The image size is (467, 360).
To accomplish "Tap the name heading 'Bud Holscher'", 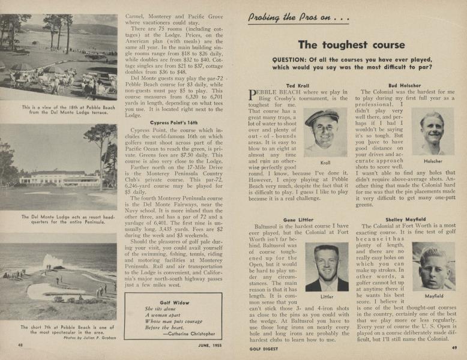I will point(405,86).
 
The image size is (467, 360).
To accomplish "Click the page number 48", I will point(20,344).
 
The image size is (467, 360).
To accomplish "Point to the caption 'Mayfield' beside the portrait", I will point(434,296).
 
